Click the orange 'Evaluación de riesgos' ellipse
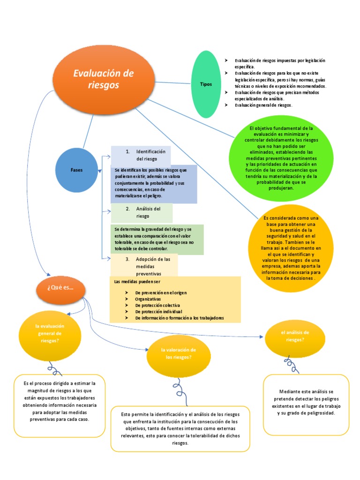(104, 79)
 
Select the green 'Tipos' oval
(206, 84)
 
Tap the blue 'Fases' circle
(77, 170)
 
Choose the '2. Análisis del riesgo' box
(142, 212)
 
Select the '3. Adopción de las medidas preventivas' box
(144, 265)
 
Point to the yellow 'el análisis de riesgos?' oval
(295, 336)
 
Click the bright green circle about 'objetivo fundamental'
(277, 158)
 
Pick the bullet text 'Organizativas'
(148, 299)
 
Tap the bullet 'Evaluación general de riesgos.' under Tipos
(263, 105)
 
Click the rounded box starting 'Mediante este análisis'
(306, 403)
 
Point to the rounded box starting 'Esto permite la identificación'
(180, 429)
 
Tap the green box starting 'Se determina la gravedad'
(157, 239)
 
